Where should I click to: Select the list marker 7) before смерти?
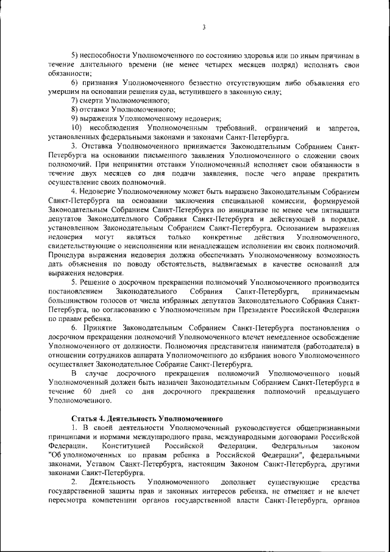(76, 99)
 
